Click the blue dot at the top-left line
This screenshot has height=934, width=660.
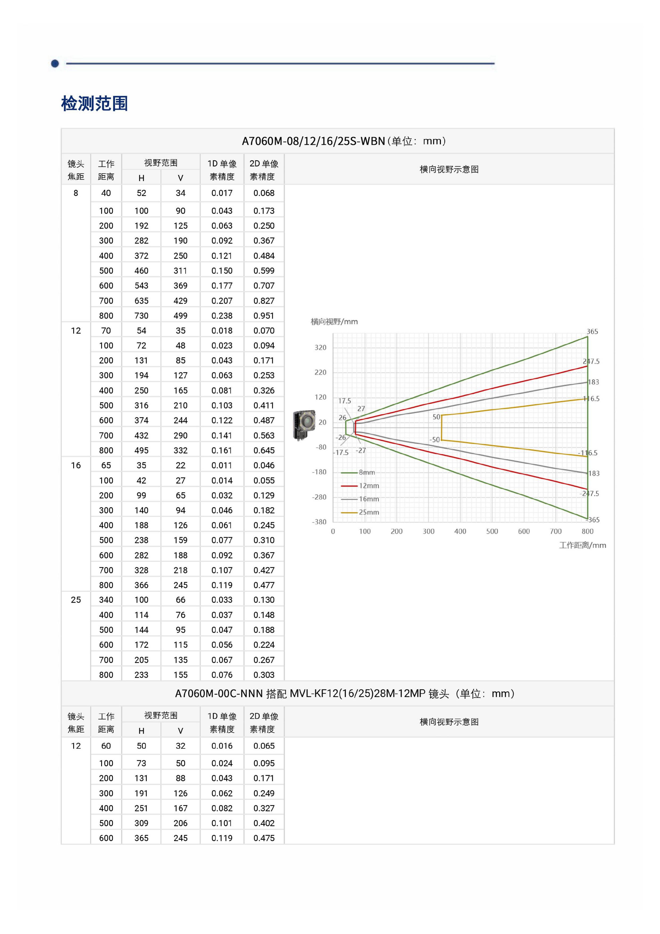[55, 63]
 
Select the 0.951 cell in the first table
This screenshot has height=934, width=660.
[264, 316]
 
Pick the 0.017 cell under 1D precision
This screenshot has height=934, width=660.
[222, 193]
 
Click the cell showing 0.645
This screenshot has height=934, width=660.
[264, 450]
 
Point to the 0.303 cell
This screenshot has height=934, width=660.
[264, 675]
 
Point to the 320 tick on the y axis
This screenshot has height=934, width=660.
[320, 347]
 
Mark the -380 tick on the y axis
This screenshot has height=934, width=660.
[319, 522]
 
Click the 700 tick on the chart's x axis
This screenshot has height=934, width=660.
[555, 531]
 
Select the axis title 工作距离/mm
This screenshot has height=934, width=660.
[582, 545]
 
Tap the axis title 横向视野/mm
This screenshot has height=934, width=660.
[334, 322]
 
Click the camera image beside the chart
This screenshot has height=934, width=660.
[304, 425]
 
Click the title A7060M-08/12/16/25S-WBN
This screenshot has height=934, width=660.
[313, 141]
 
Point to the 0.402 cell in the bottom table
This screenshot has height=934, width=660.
[264, 823]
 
